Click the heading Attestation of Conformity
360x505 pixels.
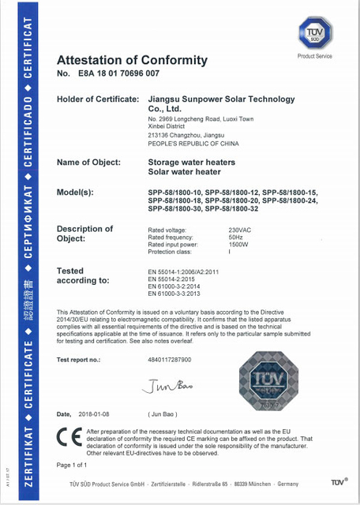[132, 60]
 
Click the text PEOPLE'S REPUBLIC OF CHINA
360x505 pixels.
[189, 144]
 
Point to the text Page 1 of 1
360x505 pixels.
[73, 466]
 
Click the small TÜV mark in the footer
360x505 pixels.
[337, 481]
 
